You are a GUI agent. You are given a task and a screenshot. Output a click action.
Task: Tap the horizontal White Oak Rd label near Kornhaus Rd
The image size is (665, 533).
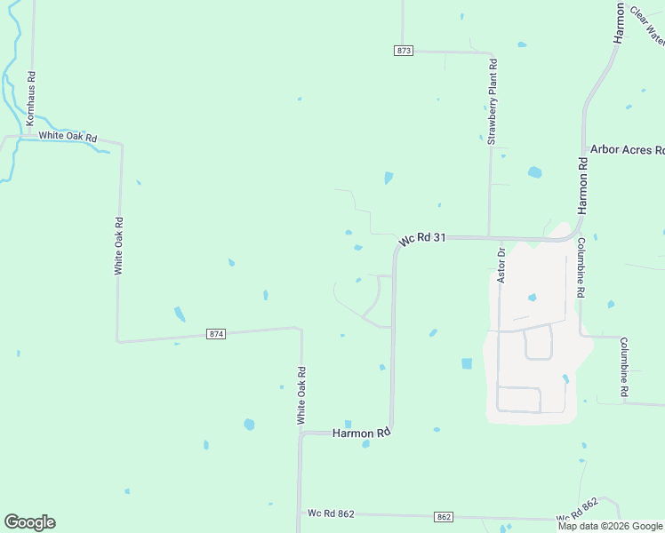click(x=67, y=138)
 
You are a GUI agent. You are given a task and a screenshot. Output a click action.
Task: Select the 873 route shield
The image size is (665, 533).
click(x=404, y=51)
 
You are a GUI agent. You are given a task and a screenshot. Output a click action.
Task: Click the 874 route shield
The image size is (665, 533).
click(x=216, y=334)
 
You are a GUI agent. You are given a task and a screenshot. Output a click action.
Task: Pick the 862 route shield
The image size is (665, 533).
click(x=445, y=517)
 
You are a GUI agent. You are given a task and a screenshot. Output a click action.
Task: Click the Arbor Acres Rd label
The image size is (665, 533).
click(x=627, y=150)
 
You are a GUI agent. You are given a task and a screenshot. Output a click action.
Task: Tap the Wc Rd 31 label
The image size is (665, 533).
click(x=421, y=240)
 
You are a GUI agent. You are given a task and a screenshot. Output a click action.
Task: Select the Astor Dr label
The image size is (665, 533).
click(x=501, y=266)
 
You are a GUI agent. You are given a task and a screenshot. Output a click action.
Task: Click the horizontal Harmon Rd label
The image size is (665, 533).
click(x=362, y=434)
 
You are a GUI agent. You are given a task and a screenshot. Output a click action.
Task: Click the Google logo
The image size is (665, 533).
click(x=29, y=522)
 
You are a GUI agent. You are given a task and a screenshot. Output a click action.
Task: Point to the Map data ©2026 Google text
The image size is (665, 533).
click(x=610, y=526)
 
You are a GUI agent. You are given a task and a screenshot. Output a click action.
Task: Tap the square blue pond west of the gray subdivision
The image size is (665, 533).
click(x=467, y=363)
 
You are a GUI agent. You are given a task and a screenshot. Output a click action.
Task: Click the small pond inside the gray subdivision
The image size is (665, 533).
click(x=532, y=298)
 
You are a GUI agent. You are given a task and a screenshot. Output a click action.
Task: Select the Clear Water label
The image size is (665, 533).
click(x=646, y=25)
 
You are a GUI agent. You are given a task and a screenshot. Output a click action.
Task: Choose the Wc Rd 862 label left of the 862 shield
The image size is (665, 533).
click(x=331, y=513)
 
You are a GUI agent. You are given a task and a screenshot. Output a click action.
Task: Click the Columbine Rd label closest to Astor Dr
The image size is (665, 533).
click(x=581, y=267)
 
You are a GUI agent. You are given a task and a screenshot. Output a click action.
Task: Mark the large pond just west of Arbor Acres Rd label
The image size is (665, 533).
click(x=534, y=172)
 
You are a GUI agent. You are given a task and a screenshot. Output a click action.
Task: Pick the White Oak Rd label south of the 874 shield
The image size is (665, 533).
click(x=301, y=394)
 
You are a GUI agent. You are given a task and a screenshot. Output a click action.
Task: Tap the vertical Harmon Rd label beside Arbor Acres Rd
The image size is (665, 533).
click(x=583, y=186)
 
